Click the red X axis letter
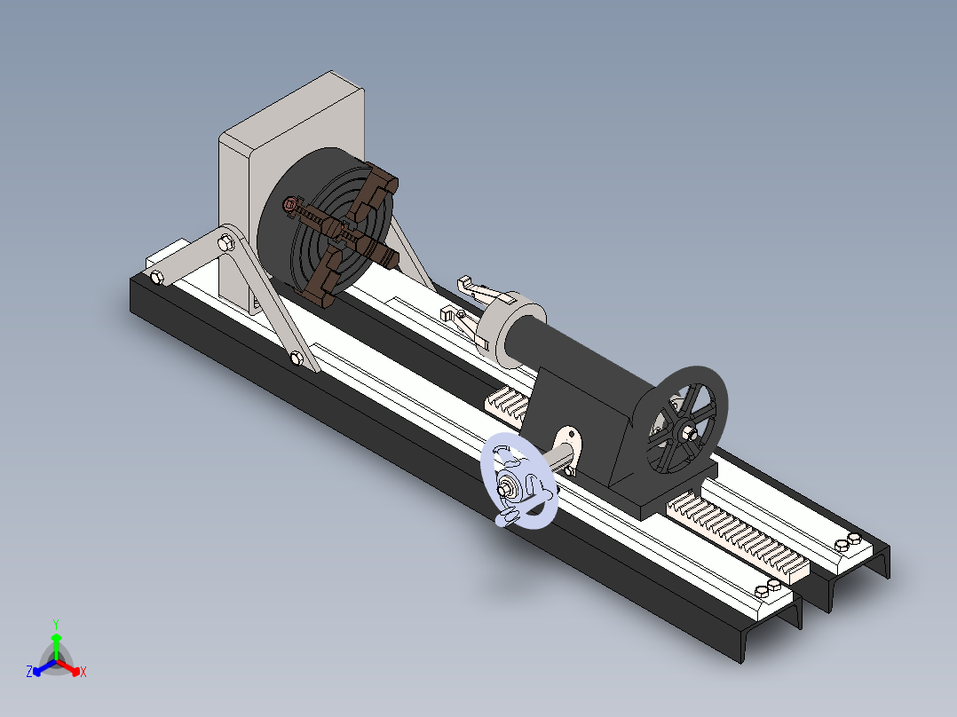click(x=83, y=673)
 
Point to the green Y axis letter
click(x=55, y=624)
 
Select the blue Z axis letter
click(x=29, y=673)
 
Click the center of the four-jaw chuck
click(x=340, y=232)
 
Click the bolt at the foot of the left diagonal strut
click(x=297, y=358)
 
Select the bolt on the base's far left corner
click(x=158, y=279)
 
